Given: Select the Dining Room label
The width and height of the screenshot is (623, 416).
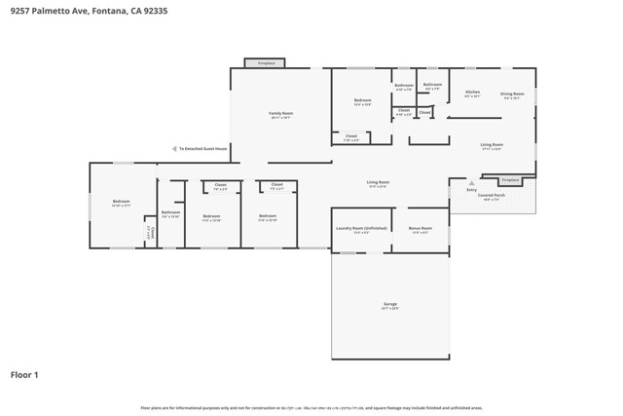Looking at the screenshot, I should tap(512, 95).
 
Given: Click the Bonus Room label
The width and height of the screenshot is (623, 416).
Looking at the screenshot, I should tap(421, 231).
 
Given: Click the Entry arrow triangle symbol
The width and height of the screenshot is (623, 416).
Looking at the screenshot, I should tap(471, 182).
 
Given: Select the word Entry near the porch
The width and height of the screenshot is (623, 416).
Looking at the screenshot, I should tap(471, 190).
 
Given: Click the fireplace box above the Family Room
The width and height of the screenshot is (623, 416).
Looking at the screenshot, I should tap(265, 63).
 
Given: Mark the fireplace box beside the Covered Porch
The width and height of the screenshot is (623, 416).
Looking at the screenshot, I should tap(510, 180).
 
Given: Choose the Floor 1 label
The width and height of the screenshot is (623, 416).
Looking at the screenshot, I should tap(24, 374).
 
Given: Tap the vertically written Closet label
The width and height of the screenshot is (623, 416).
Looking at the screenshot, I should tap(151, 233).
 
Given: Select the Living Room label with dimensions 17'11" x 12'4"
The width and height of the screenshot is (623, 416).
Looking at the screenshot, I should tap(492, 146).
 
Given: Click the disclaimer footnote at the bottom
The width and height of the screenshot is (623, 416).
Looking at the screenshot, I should tap(311, 408).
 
